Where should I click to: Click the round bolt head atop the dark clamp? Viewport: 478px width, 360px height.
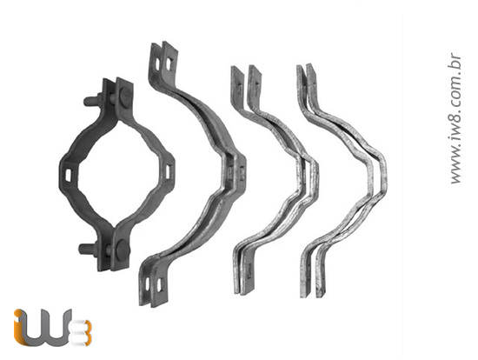124,97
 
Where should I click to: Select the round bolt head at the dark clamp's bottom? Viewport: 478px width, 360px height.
122,247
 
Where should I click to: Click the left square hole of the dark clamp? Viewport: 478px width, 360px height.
69,173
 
